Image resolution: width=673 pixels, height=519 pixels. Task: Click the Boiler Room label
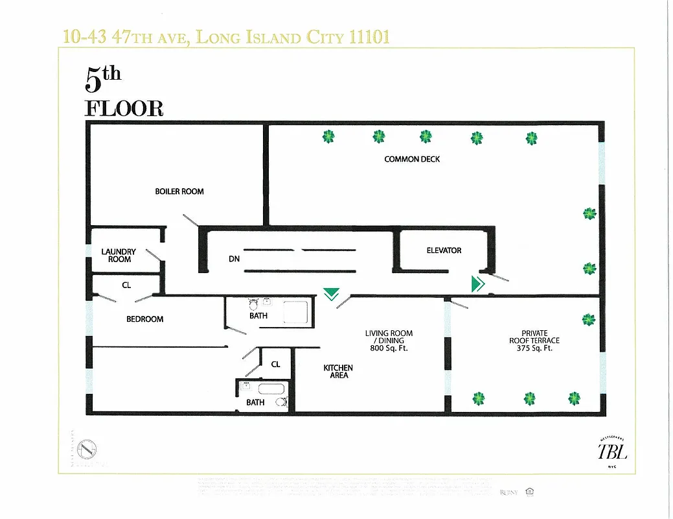(x=179, y=191)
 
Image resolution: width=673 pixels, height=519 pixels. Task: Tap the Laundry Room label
(x=119, y=256)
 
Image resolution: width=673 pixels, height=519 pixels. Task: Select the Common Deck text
(x=412, y=159)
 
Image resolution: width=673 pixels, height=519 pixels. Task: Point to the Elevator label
(x=444, y=250)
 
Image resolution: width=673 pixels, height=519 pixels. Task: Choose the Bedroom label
(x=144, y=319)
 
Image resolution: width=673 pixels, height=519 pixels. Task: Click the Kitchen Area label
(x=338, y=372)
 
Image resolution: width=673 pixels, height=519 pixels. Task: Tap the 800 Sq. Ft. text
(x=389, y=348)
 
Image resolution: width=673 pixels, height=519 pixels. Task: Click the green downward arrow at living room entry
(x=331, y=295)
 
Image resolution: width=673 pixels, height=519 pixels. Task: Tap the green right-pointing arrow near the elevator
(x=478, y=284)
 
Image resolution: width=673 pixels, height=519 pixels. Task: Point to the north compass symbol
(x=87, y=449)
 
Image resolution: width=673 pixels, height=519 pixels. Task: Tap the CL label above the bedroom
(x=126, y=284)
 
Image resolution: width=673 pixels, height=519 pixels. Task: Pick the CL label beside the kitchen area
(x=275, y=365)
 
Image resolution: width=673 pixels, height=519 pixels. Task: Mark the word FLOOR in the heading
(x=124, y=108)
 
